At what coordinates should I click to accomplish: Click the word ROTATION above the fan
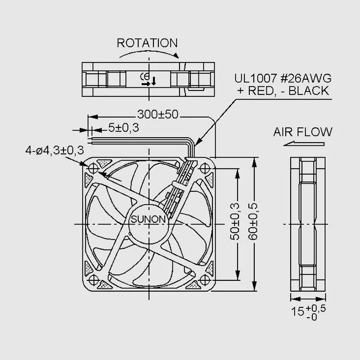tap(147, 43)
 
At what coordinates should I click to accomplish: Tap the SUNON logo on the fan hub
tap(148, 219)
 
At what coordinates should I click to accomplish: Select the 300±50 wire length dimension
tap(158, 114)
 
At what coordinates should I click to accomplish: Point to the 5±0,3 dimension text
tap(123, 128)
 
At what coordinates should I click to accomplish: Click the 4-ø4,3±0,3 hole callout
tap(54, 150)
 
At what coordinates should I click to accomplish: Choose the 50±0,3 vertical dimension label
tap(234, 222)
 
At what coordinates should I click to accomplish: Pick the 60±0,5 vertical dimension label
tap(253, 222)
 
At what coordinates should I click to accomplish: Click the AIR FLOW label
tap(302, 132)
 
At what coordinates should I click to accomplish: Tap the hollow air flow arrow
tap(304, 144)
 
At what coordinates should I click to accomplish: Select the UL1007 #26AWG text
tap(283, 78)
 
